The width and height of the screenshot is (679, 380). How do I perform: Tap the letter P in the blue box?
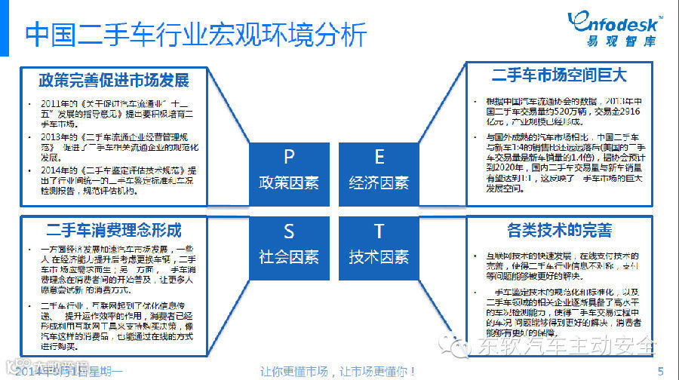289,157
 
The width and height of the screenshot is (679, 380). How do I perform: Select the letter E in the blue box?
379,157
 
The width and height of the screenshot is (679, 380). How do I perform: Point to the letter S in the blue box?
289,231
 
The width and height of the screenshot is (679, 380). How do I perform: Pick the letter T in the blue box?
379,231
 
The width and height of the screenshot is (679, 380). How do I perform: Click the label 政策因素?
289,182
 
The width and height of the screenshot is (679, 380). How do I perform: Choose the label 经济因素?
379,182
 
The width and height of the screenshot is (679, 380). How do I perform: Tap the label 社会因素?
289,256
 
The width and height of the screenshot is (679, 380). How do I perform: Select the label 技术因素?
379,256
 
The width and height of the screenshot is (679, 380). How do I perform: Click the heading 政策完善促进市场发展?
114,80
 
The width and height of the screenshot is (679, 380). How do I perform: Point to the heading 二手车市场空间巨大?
559,75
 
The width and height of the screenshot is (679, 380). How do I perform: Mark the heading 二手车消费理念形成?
114,228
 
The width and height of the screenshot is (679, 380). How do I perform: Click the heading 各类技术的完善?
559,229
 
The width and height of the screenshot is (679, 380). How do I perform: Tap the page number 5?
661,370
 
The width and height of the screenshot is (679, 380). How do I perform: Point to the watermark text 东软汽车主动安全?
566,346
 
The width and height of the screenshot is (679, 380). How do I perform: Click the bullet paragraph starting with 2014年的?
119,180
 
